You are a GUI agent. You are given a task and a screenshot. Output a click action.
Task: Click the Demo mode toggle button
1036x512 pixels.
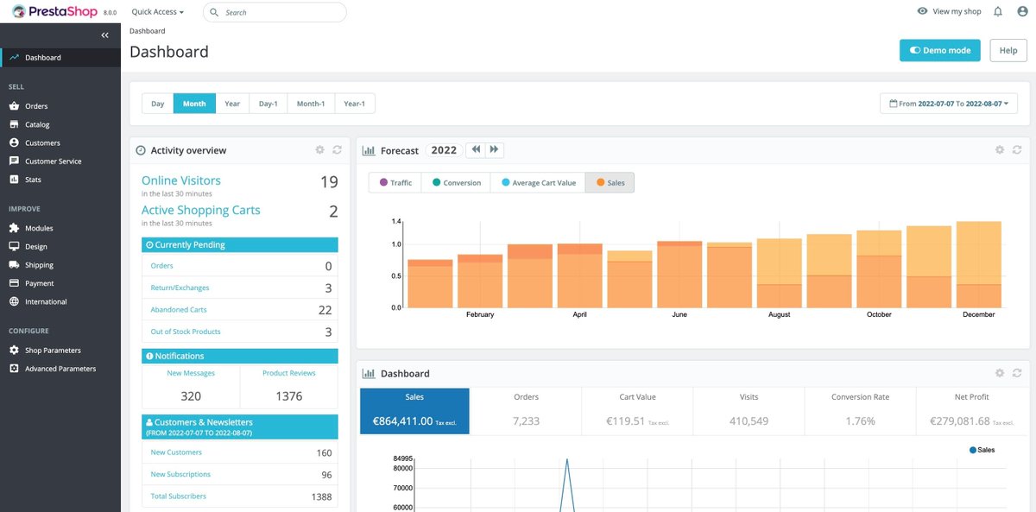coord(940,50)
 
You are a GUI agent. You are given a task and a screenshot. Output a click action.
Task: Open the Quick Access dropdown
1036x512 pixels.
coord(157,12)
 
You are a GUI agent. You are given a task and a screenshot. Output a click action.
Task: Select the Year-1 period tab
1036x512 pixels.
coord(354,104)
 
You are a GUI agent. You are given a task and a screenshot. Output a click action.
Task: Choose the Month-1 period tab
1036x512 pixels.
coord(310,104)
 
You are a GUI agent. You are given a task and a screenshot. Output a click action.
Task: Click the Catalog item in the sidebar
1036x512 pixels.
coord(37,124)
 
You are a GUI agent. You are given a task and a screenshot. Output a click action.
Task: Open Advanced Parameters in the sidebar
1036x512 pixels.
coord(60,369)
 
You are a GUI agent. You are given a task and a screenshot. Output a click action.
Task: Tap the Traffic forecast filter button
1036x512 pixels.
coord(395,183)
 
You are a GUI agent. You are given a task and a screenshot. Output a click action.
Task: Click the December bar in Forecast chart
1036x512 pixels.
coord(978,268)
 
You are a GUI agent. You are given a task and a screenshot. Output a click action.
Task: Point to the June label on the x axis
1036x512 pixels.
coord(679,315)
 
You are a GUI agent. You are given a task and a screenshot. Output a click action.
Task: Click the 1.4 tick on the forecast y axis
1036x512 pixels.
coord(396,222)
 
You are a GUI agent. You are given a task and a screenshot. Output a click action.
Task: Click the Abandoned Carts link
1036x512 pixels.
coord(179,309)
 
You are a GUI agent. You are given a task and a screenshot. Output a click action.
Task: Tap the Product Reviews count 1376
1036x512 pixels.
coord(288,396)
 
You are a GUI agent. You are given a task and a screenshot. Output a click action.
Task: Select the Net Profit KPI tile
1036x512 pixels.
coord(971,410)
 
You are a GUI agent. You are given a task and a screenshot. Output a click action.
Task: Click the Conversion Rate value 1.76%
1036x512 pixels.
coord(859,421)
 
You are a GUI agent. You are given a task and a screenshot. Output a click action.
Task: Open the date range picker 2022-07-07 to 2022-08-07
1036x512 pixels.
coord(948,104)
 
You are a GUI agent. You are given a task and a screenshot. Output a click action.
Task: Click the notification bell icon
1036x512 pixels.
coord(998,12)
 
